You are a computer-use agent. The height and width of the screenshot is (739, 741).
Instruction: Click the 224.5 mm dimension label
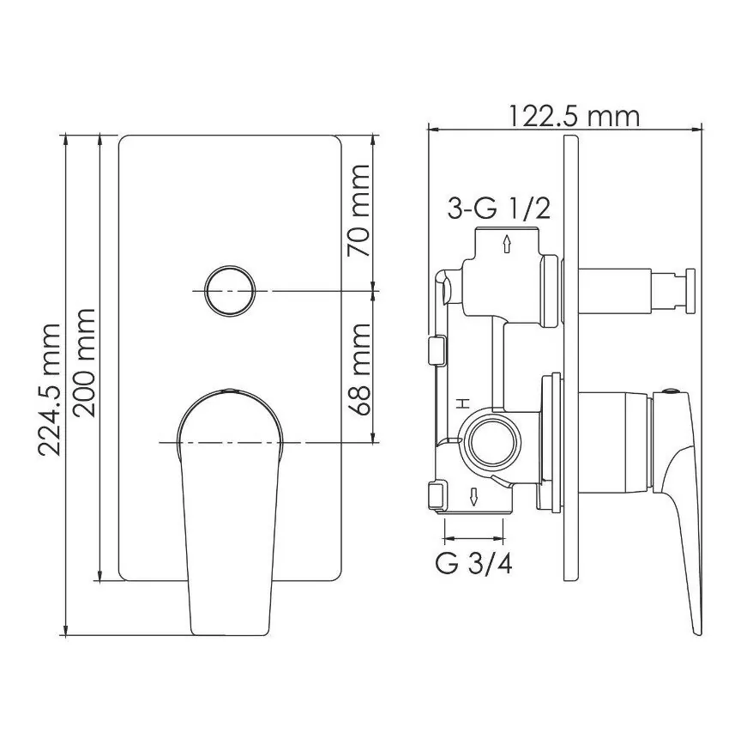coord(50,389)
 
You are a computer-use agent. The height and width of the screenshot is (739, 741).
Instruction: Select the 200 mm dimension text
coord(85,362)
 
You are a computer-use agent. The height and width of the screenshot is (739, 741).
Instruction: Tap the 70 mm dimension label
coord(358,211)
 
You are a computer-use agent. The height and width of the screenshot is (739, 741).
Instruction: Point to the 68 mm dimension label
coord(358,369)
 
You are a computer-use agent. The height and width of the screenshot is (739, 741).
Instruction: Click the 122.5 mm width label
coord(574,116)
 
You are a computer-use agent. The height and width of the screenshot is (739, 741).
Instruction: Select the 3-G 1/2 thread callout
coord(499,208)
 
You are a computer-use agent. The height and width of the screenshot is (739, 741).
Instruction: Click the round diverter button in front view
coord(230,290)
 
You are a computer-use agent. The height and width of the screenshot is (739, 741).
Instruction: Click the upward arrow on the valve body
coord(508,244)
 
